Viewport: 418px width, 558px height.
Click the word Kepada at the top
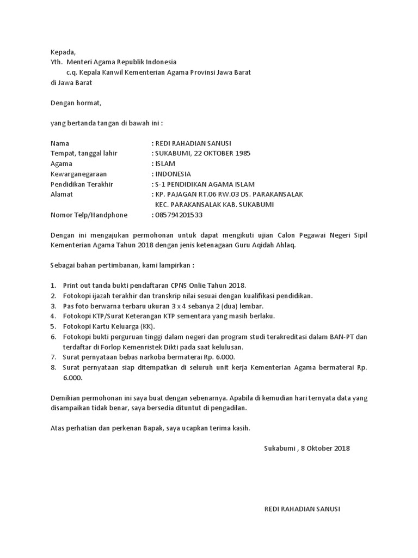(63, 52)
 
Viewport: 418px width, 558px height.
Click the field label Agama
(61, 163)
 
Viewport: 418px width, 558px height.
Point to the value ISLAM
(165, 163)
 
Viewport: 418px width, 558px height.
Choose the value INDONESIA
(173, 174)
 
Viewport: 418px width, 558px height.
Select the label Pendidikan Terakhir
(82, 184)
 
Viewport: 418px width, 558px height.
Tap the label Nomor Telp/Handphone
(89, 215)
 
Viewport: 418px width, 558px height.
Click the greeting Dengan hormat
(76, 102)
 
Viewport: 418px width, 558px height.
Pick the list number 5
(53, 326)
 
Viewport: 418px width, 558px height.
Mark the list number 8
(53, 368)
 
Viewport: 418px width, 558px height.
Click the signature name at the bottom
(302, 509)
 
